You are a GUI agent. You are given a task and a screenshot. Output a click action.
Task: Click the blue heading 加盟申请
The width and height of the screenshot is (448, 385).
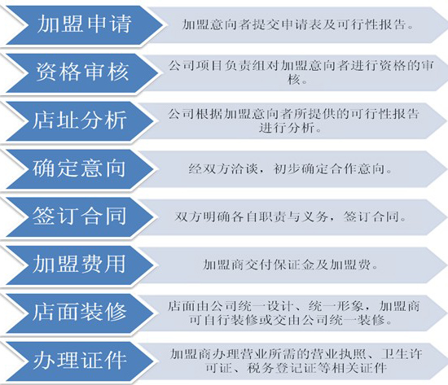coord(84,24)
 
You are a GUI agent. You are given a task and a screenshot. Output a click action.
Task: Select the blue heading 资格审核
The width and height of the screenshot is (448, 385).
coord(82,72)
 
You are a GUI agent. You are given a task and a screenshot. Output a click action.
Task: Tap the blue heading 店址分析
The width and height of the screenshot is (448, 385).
coord(80,120)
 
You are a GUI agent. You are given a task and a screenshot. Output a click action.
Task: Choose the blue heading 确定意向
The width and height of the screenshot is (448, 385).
coord(79,168)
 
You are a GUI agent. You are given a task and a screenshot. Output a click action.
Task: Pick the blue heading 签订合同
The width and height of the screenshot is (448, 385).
coord(79,217)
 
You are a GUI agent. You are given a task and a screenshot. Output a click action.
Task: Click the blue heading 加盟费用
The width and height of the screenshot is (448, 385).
coord(79,265)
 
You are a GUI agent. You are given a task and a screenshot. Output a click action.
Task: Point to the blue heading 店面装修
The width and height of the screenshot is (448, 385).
coord(79,312)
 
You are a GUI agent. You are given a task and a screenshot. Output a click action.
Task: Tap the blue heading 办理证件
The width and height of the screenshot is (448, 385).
coord(80,360)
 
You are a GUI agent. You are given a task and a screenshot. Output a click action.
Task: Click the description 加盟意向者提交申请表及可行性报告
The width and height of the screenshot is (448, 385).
coord(298,24)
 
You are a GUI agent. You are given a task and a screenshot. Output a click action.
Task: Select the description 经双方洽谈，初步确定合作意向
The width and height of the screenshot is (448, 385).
coord(290,169)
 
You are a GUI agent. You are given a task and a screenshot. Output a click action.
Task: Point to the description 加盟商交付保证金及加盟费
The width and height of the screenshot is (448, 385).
coord(290,265)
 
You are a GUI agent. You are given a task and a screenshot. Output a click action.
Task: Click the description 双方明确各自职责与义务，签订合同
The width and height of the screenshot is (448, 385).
coord(291,217)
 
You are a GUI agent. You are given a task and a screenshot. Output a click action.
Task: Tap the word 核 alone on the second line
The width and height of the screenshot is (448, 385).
coord(294,79)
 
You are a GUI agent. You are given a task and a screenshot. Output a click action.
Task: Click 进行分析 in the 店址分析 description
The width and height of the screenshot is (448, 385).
coord(287,127)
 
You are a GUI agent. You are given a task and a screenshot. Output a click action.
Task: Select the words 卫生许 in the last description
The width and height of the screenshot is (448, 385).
coord(402,354)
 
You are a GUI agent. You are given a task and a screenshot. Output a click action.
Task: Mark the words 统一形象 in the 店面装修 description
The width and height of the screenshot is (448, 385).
coord(336,306)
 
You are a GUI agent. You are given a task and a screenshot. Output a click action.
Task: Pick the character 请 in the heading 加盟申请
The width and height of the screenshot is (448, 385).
coord(121,24)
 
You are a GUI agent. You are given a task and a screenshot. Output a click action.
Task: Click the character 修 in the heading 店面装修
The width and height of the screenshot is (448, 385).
coord(116,312)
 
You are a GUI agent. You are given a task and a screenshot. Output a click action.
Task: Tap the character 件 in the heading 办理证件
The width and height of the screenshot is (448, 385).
coord(116,360)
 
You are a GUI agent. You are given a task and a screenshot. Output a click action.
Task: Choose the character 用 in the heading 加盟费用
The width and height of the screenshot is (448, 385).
coord(115,265)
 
